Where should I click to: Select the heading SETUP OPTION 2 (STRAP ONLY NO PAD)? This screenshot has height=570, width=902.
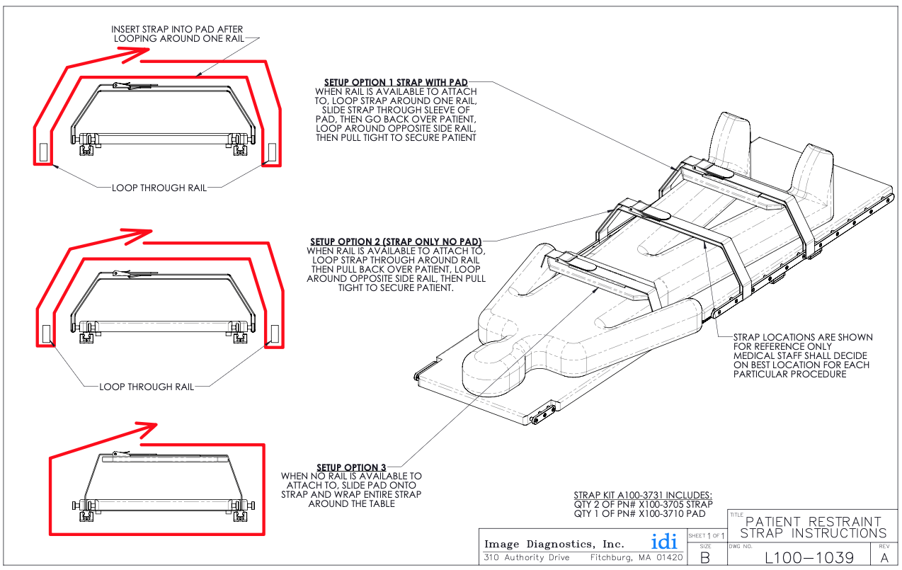tap(396, 242)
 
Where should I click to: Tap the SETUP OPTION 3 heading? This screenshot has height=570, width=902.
tap(351, 467)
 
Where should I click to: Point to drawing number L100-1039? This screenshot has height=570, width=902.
tap(809, 557)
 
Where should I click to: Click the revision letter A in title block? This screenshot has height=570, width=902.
tap(884, 557)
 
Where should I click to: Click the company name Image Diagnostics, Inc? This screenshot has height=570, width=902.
tap(554, 544)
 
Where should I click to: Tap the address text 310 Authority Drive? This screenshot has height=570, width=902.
tap(527, 558)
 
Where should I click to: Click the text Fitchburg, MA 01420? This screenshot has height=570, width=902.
tap(636, 558)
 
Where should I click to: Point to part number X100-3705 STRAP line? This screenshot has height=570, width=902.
tap(643, 504)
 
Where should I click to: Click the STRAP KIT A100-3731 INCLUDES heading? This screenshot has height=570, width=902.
tap(643, 495)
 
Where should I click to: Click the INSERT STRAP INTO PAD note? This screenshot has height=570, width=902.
tap(178, 33)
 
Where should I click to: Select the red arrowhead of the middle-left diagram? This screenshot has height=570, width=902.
tap(139, 232)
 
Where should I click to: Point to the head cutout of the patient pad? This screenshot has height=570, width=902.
tap(496, 353)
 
